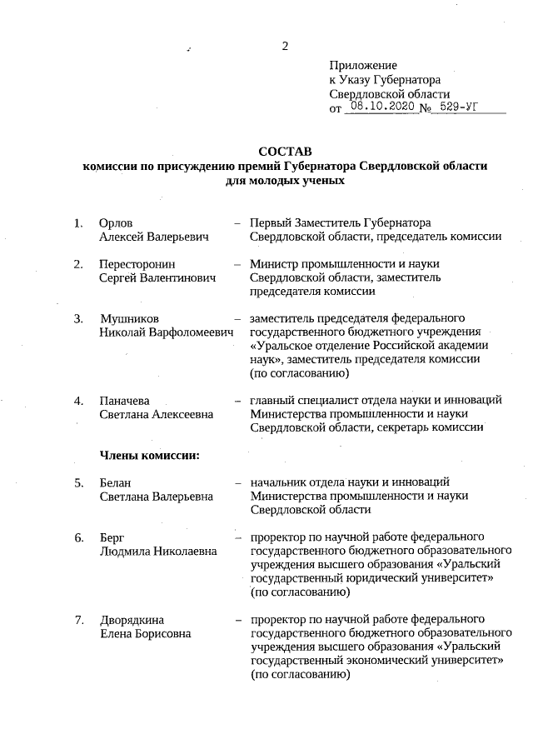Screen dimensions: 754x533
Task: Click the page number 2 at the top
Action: [285, 46]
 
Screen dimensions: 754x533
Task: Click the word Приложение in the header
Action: [363, 65]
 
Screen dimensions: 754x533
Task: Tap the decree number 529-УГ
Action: [461, 107]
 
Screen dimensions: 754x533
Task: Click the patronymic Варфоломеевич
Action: [191, 332]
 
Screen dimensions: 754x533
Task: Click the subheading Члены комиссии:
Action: [148, 455]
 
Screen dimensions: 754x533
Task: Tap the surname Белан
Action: [116, 482]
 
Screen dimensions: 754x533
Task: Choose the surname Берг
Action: [112, 537]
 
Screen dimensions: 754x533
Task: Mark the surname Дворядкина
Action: [132, 619]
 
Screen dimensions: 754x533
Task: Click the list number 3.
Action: [78, 318]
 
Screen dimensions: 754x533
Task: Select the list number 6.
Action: [78, 537]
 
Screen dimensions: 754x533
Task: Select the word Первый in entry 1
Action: [271, 222]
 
